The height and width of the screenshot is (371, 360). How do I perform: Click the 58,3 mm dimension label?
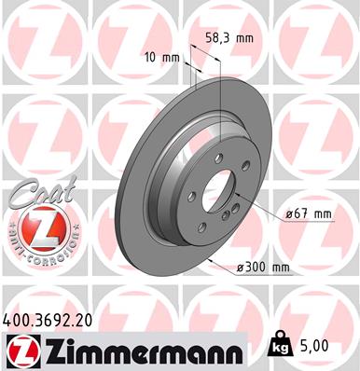(x=228, y=40)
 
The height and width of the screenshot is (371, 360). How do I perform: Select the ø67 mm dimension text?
(x=309, y=213)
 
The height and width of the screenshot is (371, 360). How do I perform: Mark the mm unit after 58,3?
(x=244, y=40)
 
